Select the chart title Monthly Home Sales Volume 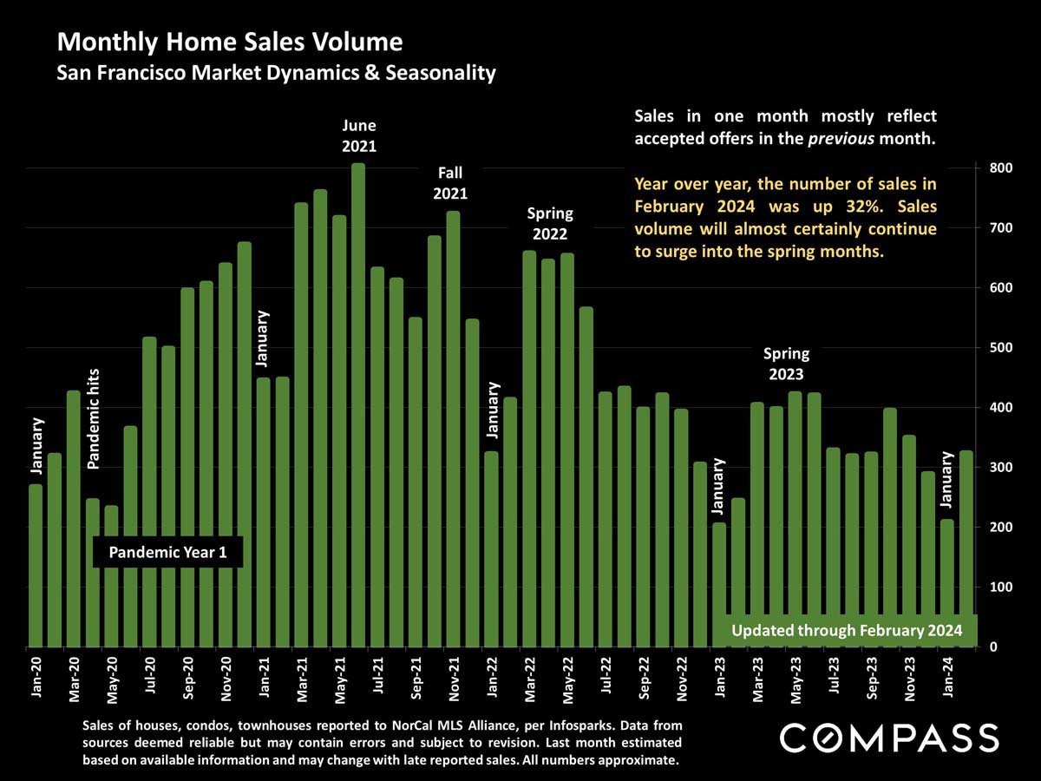point(229,42)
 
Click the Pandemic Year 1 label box point(167,553)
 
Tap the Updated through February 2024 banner point(846,631)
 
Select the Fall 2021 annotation point(450,184)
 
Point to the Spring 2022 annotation point(550,225)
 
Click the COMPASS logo point(889,738)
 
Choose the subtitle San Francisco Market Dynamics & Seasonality point(276,73)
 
